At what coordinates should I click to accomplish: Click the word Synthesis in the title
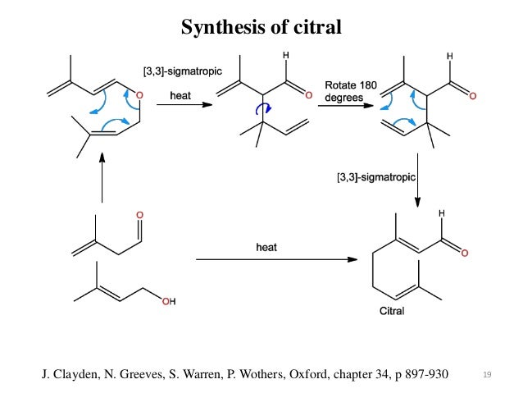tap(216, 28)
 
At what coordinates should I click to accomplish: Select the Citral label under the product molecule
tap(397, 311)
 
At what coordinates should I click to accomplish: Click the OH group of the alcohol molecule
tap(168, 302)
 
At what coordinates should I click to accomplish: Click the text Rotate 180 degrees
tap(350, 91)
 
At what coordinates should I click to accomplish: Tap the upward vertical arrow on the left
tap(102, 181)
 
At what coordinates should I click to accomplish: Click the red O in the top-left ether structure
tap(139, 95)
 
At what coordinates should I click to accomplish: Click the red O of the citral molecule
tap(465, 254)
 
